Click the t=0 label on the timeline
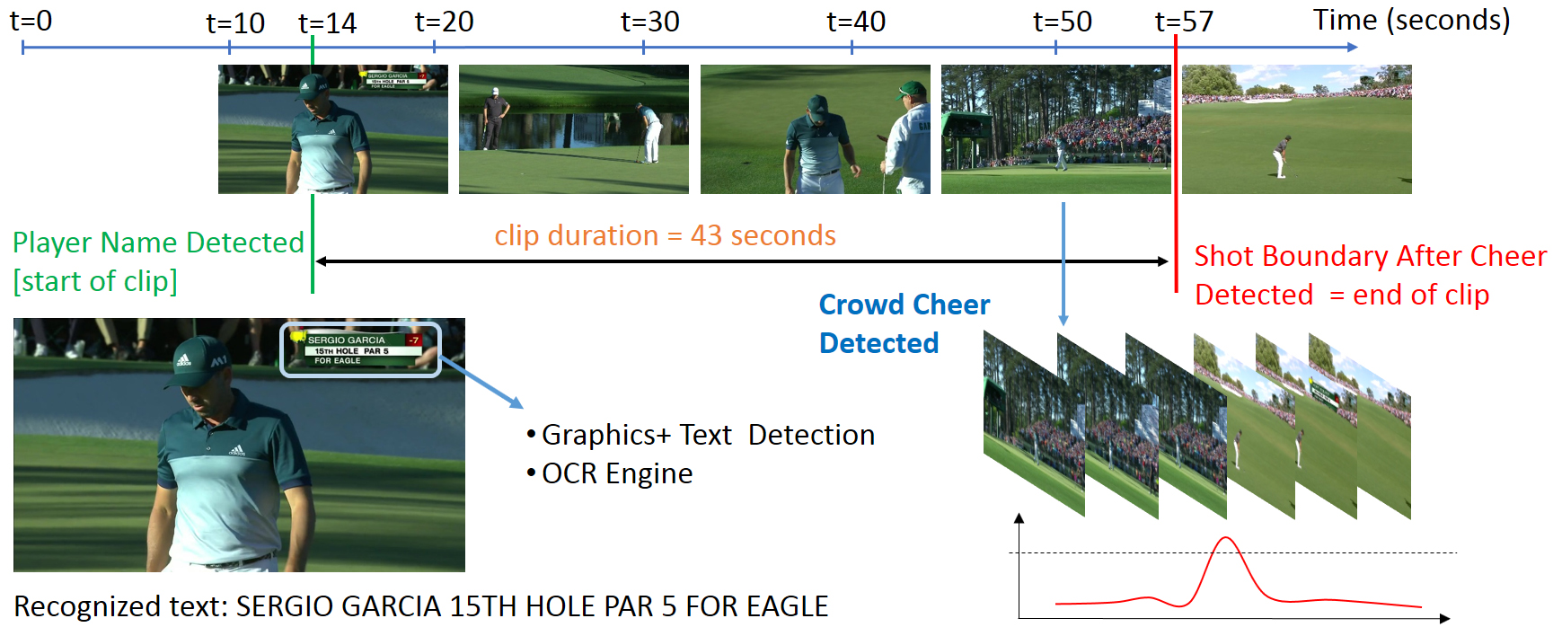click(31, 20)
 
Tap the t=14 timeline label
click(327, 22)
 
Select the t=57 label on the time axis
click(1184, 21)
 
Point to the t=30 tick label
click(649, 21)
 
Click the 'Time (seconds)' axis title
click(1411, 20)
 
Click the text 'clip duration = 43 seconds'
click(665, 235)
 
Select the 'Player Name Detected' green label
click(158, 243)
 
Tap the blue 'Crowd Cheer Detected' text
click(904, 323)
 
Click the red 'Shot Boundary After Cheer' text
click(1370, 256)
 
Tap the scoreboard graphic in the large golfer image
click(361, 349)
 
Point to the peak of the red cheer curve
click(1225, 538)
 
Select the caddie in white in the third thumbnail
click(908, 138)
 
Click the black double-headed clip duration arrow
click(742, 261)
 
